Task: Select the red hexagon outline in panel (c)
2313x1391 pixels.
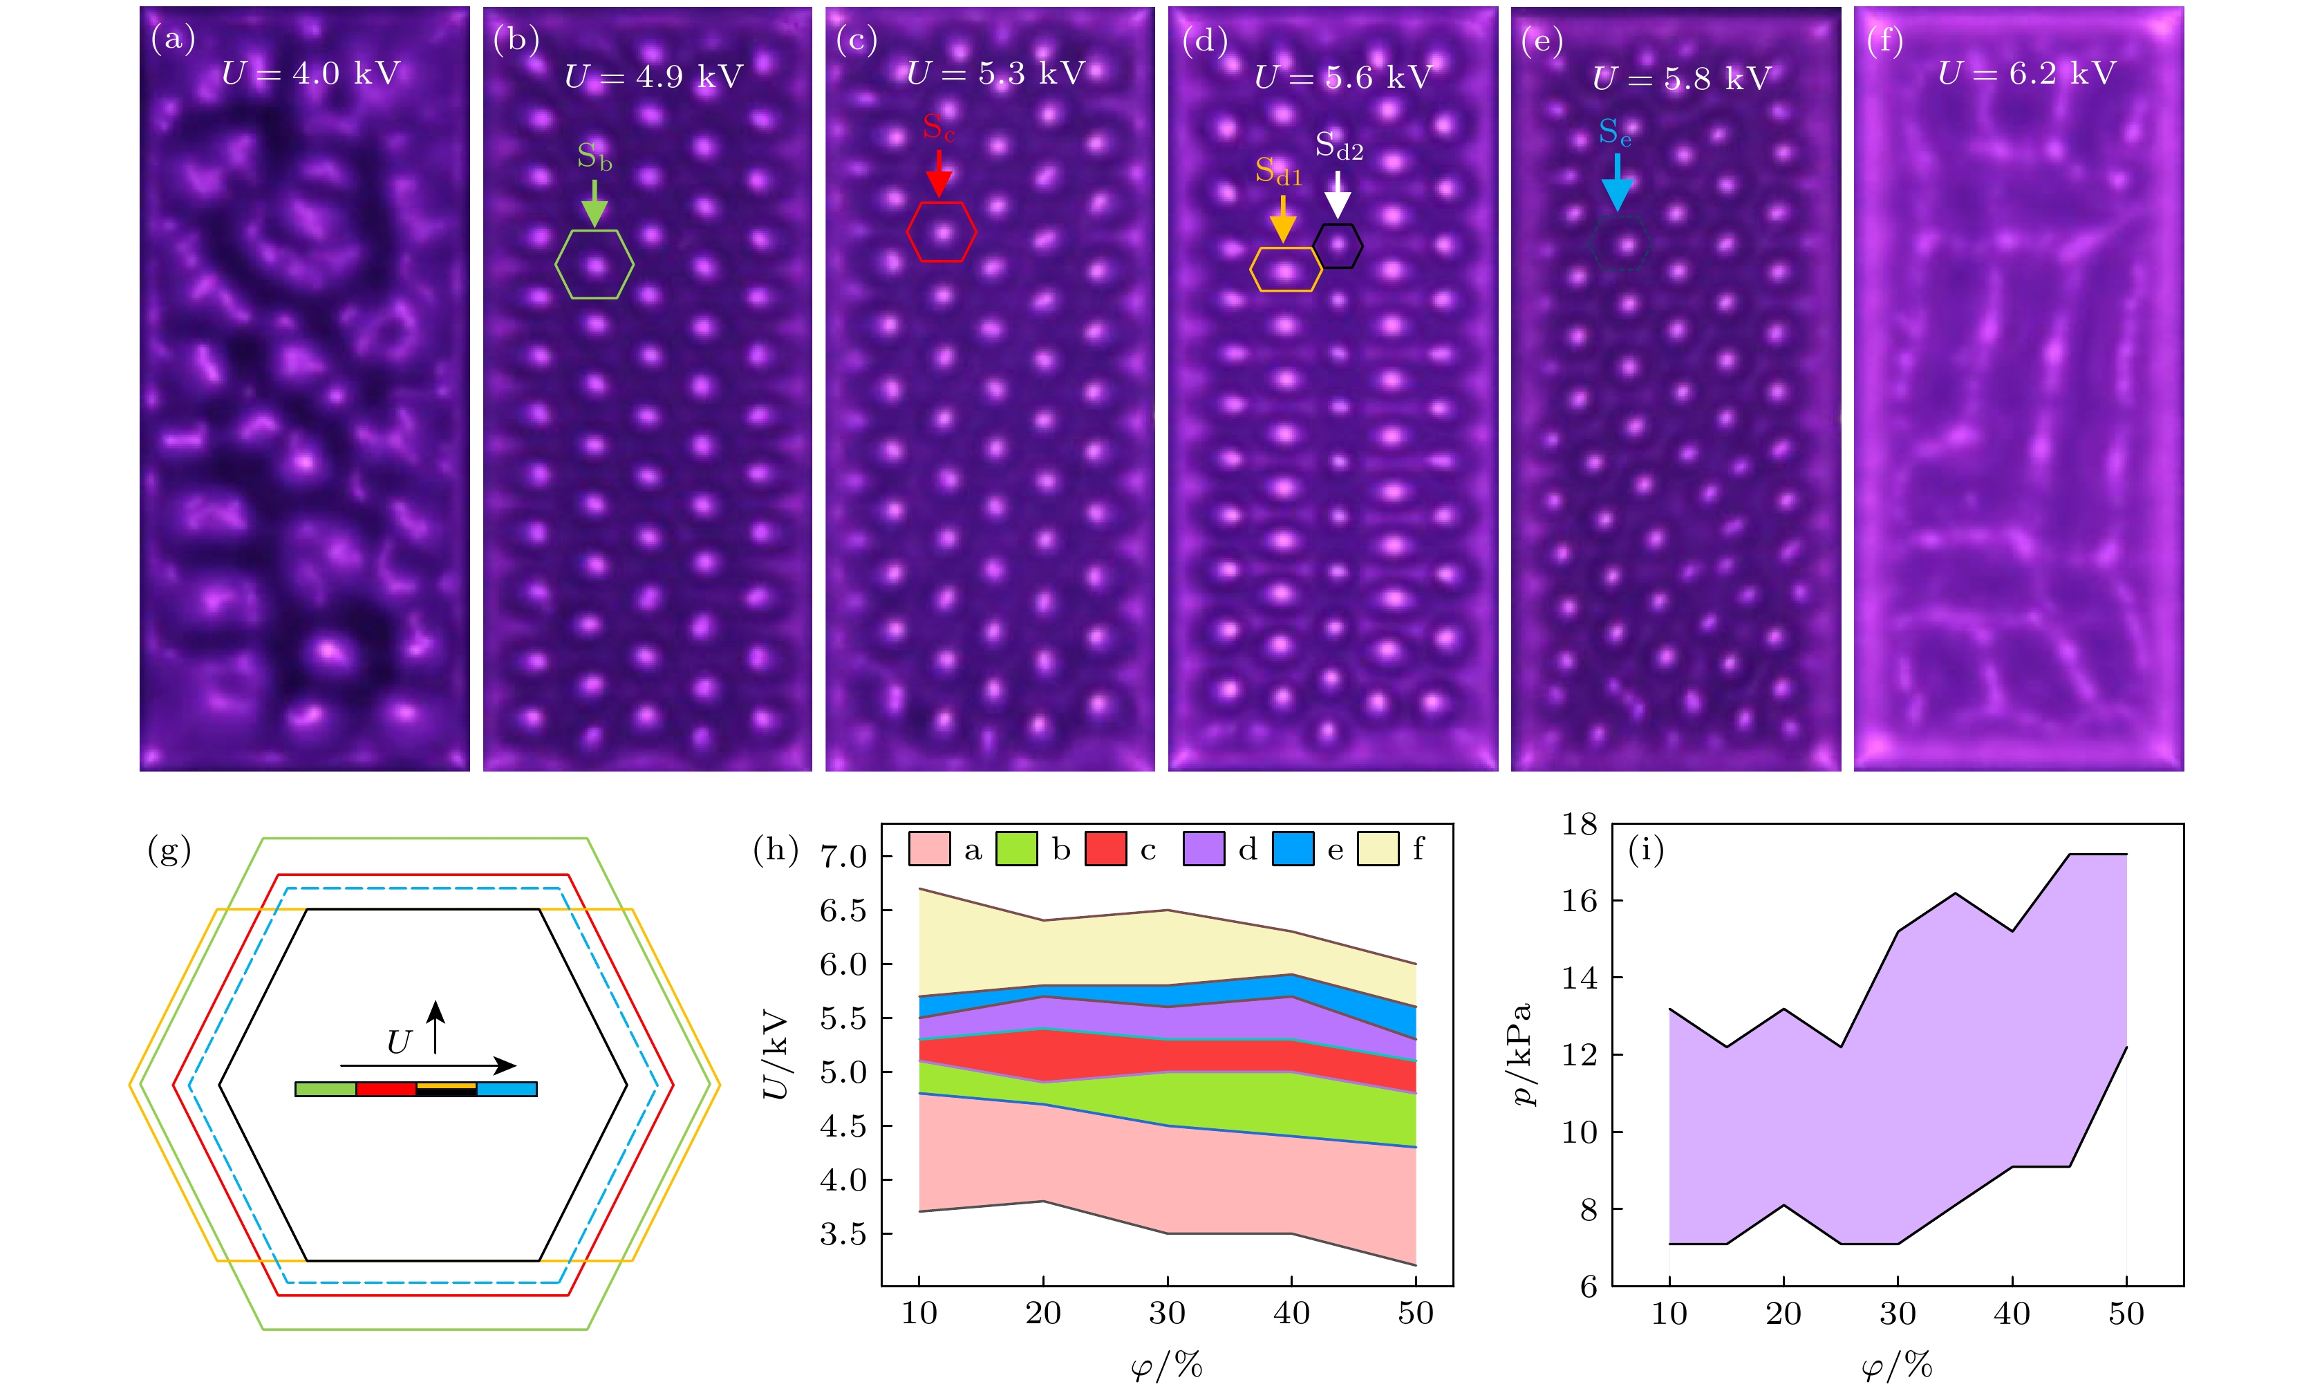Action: click(x=908, y=231)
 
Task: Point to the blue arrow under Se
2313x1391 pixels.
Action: click(x=1617, y=182)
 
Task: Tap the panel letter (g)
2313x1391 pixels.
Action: click(x=169, y=850)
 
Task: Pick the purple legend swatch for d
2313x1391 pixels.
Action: click(x=1204, y=849)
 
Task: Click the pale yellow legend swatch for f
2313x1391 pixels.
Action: click(x=1378, y=849)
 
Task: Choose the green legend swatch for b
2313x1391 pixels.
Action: click(x=1016, y=849)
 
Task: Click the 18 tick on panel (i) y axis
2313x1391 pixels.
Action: click(x=1579, y=824)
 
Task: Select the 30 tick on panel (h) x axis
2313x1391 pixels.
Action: click(x=1167, y=1313)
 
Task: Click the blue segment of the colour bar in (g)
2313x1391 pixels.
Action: click(x=506, y=1089)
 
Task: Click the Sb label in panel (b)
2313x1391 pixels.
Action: click(x=594, y=156)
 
